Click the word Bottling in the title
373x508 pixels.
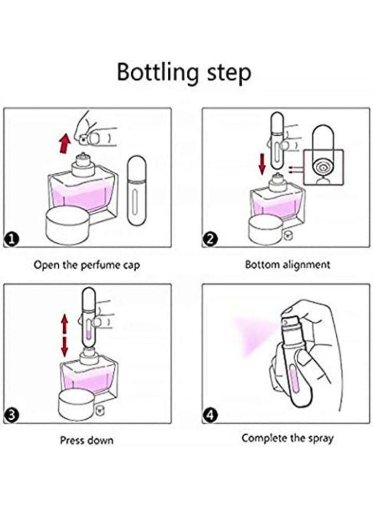[x=157, y=73]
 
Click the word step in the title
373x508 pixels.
[x=229, y=74]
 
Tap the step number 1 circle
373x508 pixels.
[x=11, y=240]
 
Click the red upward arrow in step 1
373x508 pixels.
[x=65, y=144]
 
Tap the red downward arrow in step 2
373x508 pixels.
[x=262, y=164]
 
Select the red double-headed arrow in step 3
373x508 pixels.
[x=65, y=336]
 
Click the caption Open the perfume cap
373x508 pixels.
[x=87, y=265]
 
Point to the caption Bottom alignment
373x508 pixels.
[x=287, y=265]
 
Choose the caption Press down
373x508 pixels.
[x=86, y=440]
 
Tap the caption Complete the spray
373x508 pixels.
[x=287, y=439]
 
